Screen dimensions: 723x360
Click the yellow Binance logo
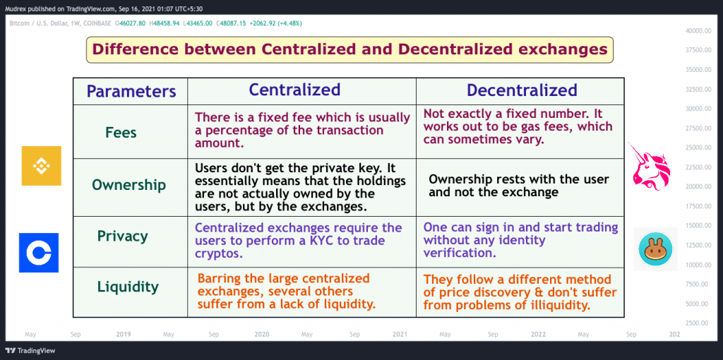[42, 166]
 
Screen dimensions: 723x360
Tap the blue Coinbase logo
[39, 253]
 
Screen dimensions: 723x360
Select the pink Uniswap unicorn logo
[650, 167]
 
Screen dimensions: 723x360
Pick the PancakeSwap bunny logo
[655, 249]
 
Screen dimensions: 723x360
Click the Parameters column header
[131, 91]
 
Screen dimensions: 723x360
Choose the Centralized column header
[294, 90]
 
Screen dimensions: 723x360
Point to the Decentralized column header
[522, 90]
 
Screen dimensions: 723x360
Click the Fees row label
[121, 133]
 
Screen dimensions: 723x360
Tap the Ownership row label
[129, 185]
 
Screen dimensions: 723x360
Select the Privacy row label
[123, 236]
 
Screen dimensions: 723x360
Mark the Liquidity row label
[128, 287]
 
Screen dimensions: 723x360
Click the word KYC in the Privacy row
[337, 241]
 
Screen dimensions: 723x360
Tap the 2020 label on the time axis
[261, 334]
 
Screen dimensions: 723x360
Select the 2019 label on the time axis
[123, 334]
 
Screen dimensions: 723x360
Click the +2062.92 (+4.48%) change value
[276, 23]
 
